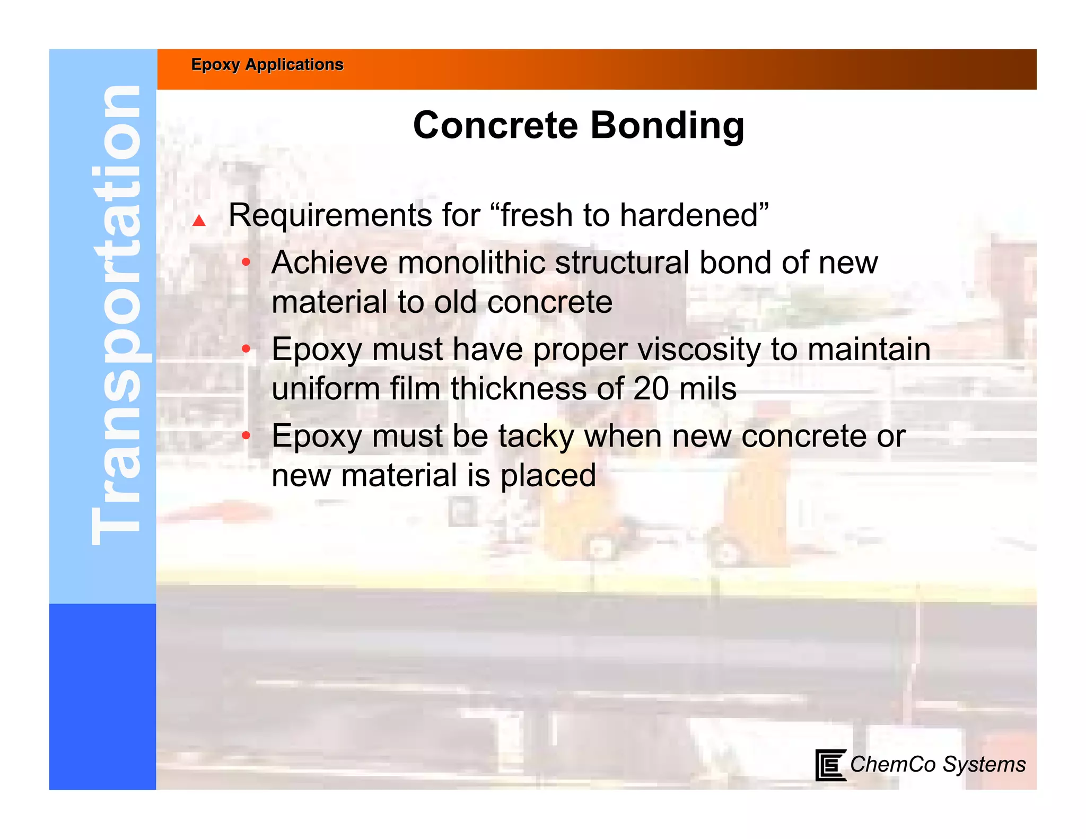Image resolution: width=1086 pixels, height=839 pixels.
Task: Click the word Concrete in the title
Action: pos(495,126)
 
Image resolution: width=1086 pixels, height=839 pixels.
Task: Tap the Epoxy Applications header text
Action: pos(267,65)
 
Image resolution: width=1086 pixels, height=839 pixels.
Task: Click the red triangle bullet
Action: pos(199,220)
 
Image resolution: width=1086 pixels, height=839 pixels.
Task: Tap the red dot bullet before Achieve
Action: pos(246,262)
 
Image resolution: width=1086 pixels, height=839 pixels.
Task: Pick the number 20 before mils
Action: pos(651,389)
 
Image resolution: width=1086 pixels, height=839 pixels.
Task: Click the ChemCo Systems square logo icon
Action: pos(830,765)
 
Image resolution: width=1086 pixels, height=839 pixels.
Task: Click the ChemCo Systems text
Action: pos(938,765)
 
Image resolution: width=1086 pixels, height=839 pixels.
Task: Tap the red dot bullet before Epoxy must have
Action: pos(246,349)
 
